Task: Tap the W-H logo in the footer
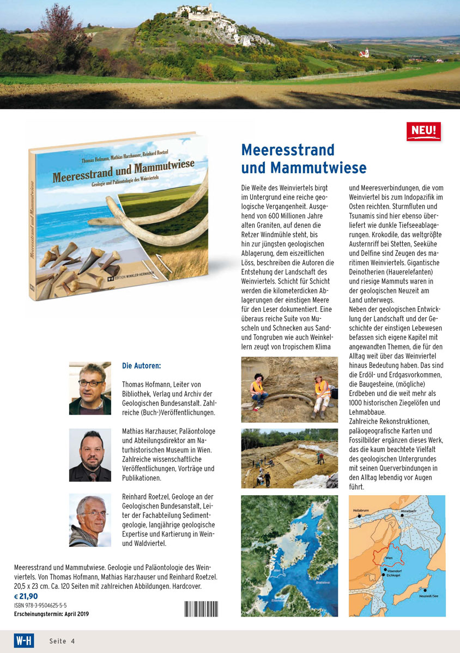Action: tap(23, 640)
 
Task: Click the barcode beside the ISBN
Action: tap(201, 609)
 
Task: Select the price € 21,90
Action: tap(26, 596)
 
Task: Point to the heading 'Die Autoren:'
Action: tap(141, 366)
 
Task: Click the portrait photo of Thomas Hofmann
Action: tap(90, 388)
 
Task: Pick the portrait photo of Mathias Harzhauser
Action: tap(90, 455)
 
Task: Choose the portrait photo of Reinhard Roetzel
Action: tap(90, 521)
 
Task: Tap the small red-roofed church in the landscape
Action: tap(364, 53)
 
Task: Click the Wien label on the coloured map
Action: tap(389, 557)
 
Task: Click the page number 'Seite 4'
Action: tap(62, 641)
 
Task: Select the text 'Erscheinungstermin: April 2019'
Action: tap(51, 614)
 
